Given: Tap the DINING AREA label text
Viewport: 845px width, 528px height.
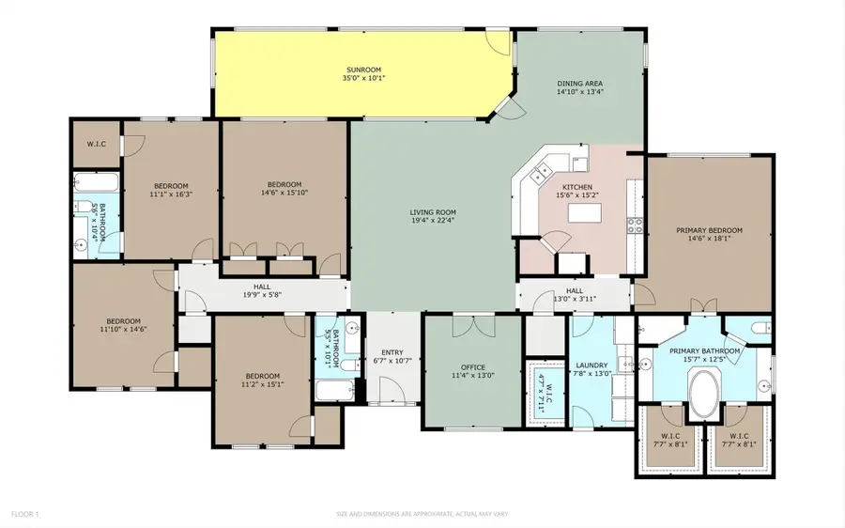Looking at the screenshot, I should coord(579,84).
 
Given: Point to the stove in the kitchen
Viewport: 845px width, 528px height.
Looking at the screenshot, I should coord(636,225).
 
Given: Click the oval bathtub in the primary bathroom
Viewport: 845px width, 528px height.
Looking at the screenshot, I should coord(703,394).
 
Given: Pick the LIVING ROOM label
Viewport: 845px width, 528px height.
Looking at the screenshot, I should coord(432,212).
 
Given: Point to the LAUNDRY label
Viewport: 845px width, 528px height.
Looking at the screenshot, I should coord(592,365).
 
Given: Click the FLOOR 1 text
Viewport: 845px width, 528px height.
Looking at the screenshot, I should coord(25,515).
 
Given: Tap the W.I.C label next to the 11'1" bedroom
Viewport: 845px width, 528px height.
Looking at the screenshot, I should coord(96,144).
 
